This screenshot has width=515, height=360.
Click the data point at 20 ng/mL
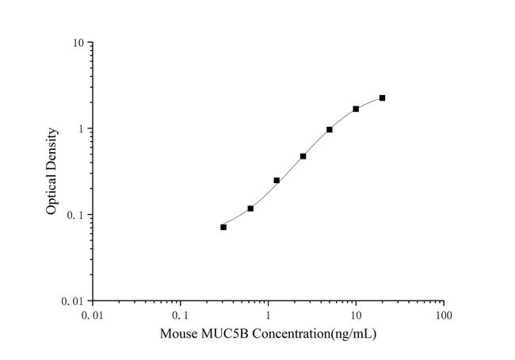tap(382, 98)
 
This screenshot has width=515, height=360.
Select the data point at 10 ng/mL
tap(356, 109)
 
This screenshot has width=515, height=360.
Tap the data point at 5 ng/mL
tap(329, 129)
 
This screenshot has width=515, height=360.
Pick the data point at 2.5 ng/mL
tap(303, 156)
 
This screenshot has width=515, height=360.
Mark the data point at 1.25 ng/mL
tap(277, 180)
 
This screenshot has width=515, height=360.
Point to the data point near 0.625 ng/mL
tap(250, 209)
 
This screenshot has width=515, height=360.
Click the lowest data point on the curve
tap(223, 227)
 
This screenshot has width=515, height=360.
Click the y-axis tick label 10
tap(79, 43)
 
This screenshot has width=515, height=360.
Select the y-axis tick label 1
tap(82, 129)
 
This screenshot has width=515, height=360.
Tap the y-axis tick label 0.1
tap(77, 215)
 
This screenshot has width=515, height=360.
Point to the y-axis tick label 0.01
tap(74, 301)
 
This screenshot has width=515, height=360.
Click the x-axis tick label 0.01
tap(93, 316)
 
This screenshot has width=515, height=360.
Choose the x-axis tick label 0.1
tap(181, 316)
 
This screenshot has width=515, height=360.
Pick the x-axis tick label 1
tap(268, 316)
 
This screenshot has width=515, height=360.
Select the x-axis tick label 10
tap(356, 316)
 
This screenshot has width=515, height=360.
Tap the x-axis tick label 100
tap(444, 316)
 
